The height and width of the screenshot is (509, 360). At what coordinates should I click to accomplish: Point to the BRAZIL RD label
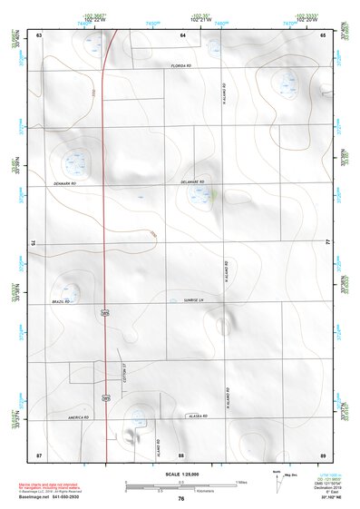pyautogui.click(x=61, y=301)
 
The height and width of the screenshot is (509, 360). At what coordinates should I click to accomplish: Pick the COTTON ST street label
pyautogui.click(x=124, y=374)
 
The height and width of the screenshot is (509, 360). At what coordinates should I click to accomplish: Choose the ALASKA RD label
pyautogui.click(x=199, y=416)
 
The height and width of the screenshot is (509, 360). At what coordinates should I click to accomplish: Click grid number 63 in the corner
pyautogui.click(x=40, y=34)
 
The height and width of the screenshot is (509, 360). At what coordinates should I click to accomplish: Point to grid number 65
pyautogui.click(x=323, y=34)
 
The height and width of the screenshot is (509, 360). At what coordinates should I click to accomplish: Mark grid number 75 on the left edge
pyautogui.click(x=32, y=243)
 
